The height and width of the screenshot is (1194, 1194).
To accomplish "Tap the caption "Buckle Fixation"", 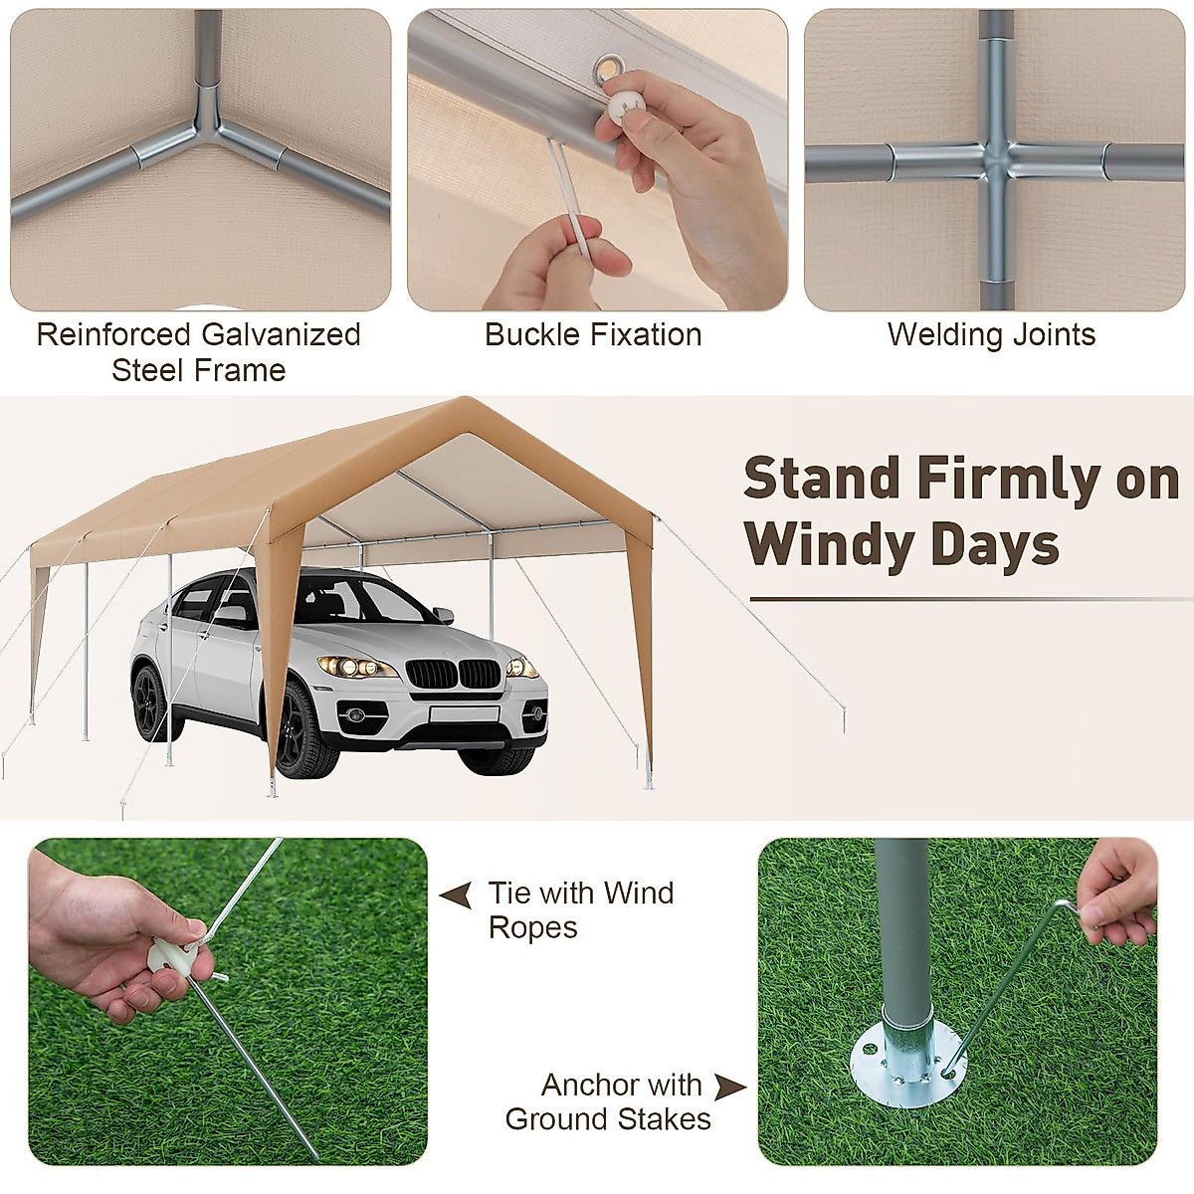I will [x=593, y=334].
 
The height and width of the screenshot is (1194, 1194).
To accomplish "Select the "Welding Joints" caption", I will [x=991, y=334].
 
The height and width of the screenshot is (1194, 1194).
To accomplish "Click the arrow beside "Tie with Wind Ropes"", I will [x=456, y=895].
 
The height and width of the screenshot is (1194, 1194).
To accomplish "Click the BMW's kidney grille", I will [x=455, y=675].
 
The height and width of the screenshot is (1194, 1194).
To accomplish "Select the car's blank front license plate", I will [x=464, y=713].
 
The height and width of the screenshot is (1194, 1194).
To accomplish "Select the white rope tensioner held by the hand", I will [x=170, y=959].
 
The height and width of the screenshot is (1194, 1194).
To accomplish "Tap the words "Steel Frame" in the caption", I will [x=198, y=370].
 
